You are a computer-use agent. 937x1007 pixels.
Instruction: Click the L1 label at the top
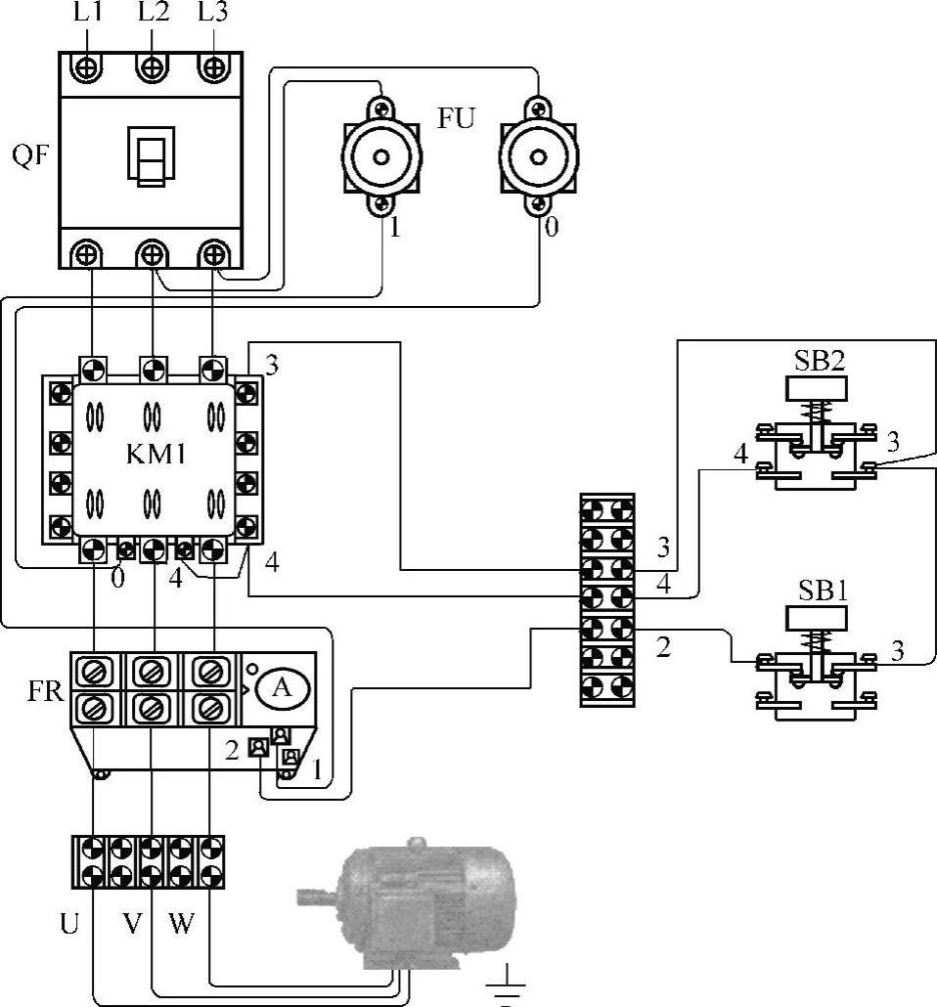pos(88,12)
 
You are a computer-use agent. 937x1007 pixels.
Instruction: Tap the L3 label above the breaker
pos(212,12)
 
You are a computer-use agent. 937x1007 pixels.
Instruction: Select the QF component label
pos(31,154)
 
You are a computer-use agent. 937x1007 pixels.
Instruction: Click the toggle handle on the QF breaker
pos(151,156)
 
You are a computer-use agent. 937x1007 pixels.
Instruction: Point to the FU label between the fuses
pos(456,118)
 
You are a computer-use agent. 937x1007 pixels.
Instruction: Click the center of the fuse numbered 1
pos(381,157)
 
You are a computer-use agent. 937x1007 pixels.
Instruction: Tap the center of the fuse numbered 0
pos(539,157)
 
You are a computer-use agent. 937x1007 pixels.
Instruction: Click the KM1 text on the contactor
pos(156,454)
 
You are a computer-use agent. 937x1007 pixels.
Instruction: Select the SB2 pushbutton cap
pos(816,389)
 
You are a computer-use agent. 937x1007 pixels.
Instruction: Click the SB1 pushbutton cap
pos(816,619)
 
